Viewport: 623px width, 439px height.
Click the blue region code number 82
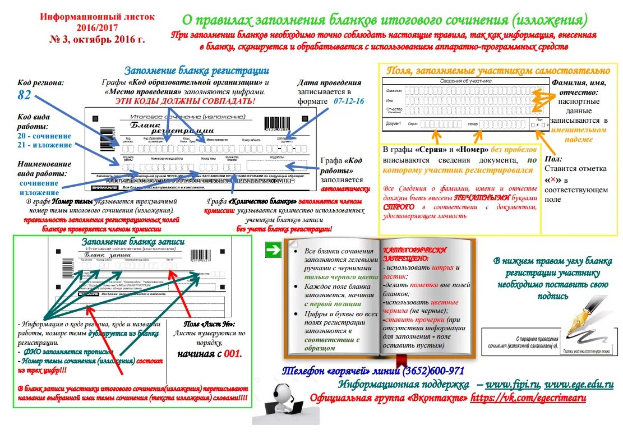point(24,95)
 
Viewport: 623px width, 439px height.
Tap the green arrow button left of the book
point(273,250)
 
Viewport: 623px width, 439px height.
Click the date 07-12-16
point(349,101)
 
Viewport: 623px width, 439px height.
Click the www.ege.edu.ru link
point(578,385)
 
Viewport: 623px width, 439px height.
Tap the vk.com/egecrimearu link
point(528,398)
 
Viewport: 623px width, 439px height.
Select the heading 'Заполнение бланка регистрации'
point(196,71)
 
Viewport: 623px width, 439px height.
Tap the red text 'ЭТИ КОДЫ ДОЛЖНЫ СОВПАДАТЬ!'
point(185,101)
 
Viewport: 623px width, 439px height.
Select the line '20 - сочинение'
point(44,136)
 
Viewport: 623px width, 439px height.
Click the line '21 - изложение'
point(44,145)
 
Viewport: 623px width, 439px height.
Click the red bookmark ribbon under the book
point(400,360)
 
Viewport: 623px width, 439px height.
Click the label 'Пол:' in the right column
point(554,159)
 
